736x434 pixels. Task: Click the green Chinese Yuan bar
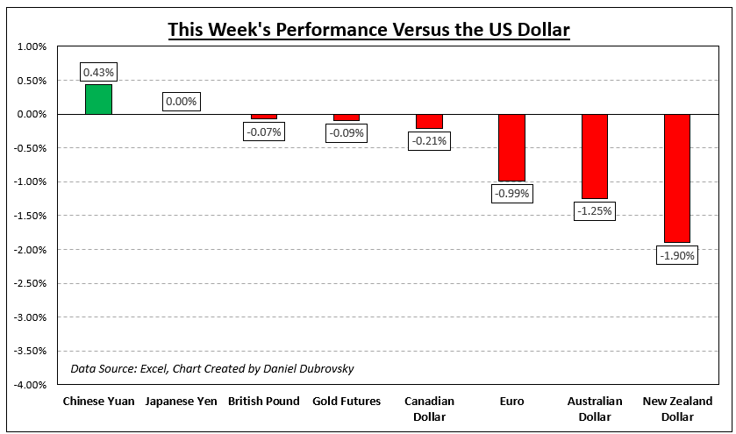coord(98,99)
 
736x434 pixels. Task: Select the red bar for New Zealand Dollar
coord(677,178)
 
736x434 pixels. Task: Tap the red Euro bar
coord(511,147)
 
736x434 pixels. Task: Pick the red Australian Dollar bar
coord(594,156)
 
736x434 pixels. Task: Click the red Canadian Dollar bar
coord(429,121)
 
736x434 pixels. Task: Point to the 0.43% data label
coord(98,72)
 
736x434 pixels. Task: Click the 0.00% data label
coord(181,102)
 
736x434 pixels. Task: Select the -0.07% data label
coord(263,132)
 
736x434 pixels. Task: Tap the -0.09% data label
coord(346,133)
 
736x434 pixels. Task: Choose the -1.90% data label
coord(676,255)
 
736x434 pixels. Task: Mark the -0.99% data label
coord(511,194)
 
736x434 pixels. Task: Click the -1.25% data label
coord(594,211)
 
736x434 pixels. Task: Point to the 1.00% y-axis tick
coord(31,47)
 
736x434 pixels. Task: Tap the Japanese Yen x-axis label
coord(181,402)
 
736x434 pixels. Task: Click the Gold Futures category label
coord(346,402)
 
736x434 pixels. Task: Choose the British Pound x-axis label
coord(263,402)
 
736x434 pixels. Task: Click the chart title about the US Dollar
coord(368,31)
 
